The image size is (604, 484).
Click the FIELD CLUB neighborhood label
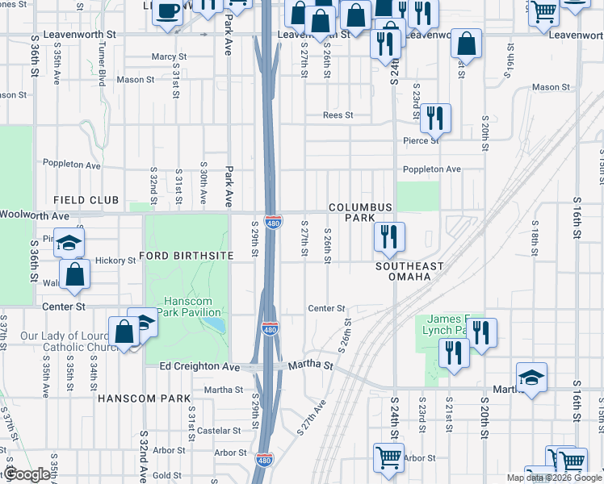click(x=86, y=199)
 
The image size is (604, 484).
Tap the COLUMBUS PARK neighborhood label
click(x=360, y=213)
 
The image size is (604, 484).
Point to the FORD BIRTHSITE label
click(x=186, y=256)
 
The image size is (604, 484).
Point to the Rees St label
click(x=338, y=115)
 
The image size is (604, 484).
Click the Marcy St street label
click(x=169, y=57)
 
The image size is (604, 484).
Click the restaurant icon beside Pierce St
click(x=435, y=118)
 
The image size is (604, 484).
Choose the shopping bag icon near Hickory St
click(x=74, y=273)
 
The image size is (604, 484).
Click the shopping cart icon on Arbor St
click(x=389, y=457)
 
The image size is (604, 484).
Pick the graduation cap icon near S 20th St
click(x=532, y=378)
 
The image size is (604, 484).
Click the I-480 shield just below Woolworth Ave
click(x=273, y=222)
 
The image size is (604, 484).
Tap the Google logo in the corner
click(x=27, y=474)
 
